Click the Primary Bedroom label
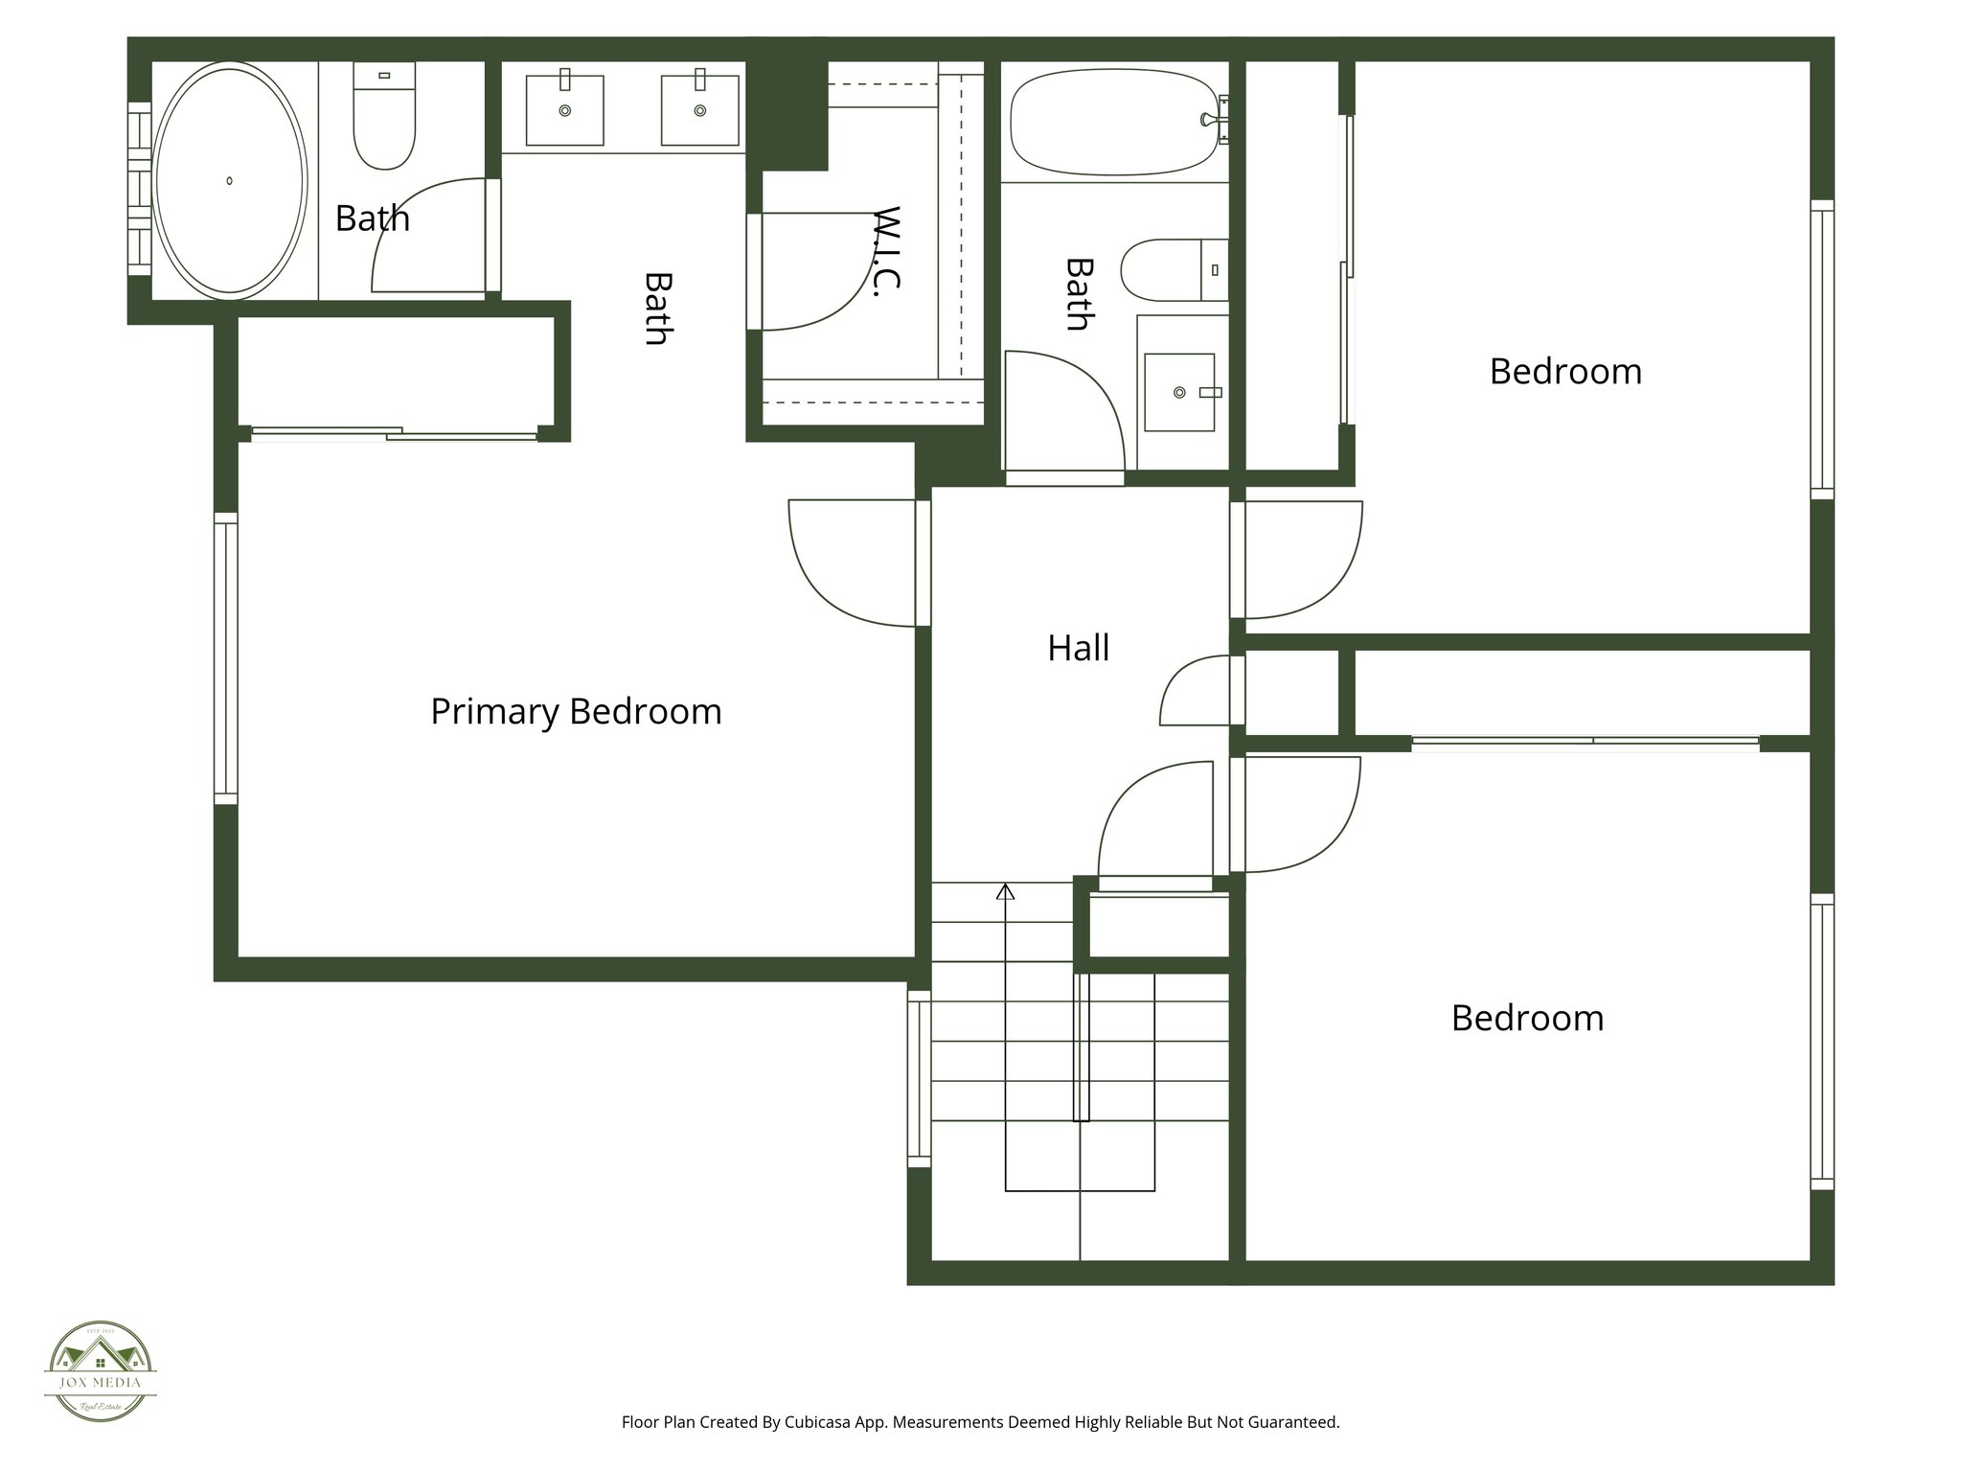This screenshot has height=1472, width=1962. (576, 712)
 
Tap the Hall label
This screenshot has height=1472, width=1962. (1078, 649)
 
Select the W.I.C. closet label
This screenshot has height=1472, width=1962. (888, 251)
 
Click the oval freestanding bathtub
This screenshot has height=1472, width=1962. (230, 180)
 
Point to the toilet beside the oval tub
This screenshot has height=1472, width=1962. (384, 117)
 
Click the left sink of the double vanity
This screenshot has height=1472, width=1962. (564, 110)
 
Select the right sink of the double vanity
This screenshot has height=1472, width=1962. (699, 110)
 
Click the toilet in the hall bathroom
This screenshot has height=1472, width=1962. (1173, 270)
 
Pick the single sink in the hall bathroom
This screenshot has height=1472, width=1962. (1179, 392)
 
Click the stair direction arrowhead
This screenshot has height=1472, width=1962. (1005, 892)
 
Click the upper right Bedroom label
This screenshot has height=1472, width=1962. (1565, 372)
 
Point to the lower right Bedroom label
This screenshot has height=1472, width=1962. (1527, 1018)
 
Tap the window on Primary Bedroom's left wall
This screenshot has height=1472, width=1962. (225, 658)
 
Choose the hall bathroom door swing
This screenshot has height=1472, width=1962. (1063, 412)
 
